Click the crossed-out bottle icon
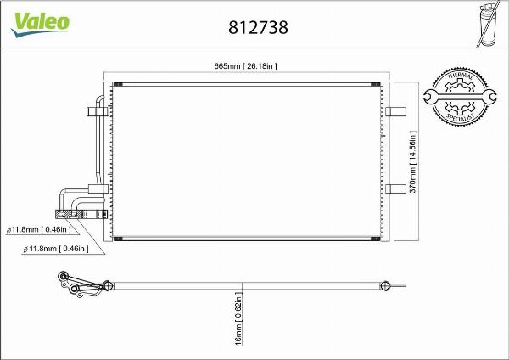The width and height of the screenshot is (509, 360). tap(487, 23)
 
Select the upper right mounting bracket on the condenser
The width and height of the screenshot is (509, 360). tap(396, 112)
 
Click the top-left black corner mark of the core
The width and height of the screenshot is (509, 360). tap(118, 85)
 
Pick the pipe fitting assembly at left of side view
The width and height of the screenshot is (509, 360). tap(81, 287)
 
